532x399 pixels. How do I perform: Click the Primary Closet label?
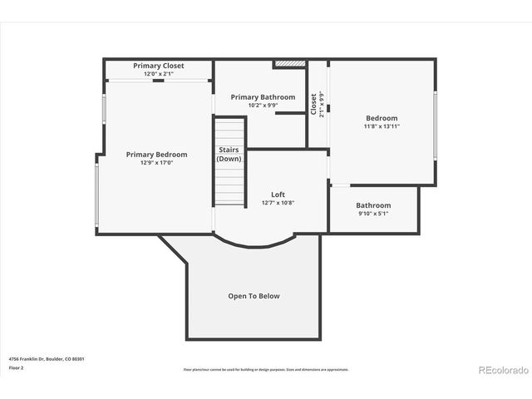(158, 66)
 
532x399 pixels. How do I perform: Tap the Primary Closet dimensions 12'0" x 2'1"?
(158, 74)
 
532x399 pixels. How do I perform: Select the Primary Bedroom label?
(156, 155)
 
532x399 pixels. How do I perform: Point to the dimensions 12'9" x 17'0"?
(156, 163)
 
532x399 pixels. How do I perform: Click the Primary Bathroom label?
(263, 97)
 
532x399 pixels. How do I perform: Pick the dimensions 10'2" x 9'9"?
(263, 106)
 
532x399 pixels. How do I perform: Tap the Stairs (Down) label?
(229, 155)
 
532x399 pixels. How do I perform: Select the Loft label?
(278, 195)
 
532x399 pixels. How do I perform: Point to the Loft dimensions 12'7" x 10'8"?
(278, 203)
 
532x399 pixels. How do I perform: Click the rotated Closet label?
(314, 104)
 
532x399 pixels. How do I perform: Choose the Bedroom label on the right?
(382, 118)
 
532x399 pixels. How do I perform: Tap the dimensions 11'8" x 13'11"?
(382, 126)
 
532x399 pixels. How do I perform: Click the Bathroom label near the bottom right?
(373, 205)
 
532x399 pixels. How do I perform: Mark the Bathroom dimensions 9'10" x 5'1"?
(373, 214)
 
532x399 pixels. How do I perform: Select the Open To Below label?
(254, 296)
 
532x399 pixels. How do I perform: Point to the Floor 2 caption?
(16, 367)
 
